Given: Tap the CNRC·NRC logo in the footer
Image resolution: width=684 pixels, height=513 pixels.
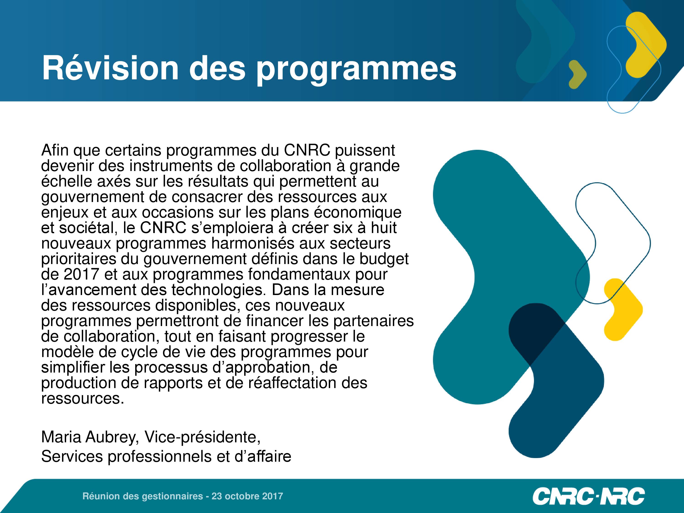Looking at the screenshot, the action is [588, 496].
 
